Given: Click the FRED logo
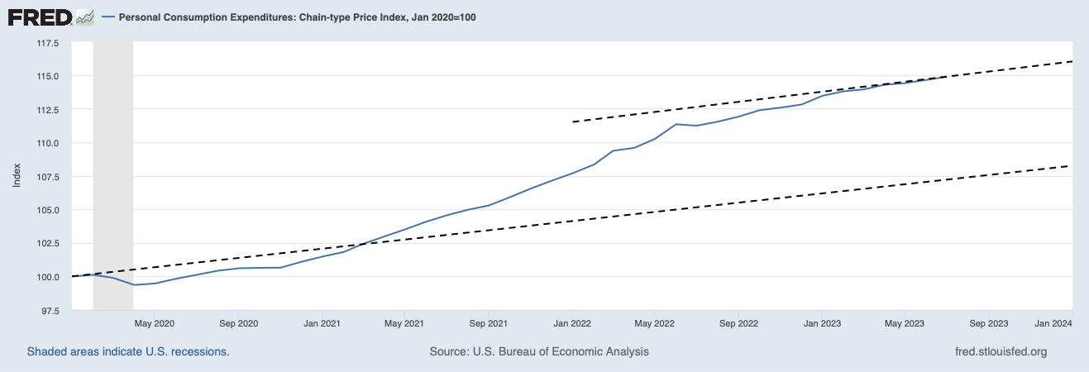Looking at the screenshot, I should pos(50,16).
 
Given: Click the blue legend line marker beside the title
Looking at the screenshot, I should pos(107,17).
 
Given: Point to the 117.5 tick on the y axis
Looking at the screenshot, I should pos(47,43).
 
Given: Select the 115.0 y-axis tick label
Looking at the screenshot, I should pos(47,76).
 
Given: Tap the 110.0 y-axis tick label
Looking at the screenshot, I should pos(47,143).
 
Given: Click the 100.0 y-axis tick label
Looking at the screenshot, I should pos(47,277).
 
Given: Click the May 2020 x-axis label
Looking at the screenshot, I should pos(154,323).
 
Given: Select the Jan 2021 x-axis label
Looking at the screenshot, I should pos(321,323).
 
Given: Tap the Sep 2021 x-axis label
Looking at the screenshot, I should pos(488,323).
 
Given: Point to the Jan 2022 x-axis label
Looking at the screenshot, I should pos(571,323).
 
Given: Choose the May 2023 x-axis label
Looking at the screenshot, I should pos(904,323).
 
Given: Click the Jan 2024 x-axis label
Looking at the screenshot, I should pos(1053,323).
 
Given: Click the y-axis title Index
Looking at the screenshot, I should pos(17,176).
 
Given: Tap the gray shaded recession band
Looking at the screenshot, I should pos(113,165).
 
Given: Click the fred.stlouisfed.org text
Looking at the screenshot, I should pos(1001,352).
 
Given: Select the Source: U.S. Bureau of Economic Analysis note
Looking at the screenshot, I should pos(539,352).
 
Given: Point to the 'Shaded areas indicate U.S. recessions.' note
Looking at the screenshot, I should pos(128,352).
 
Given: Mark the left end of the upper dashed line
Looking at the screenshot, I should pos(573,122).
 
